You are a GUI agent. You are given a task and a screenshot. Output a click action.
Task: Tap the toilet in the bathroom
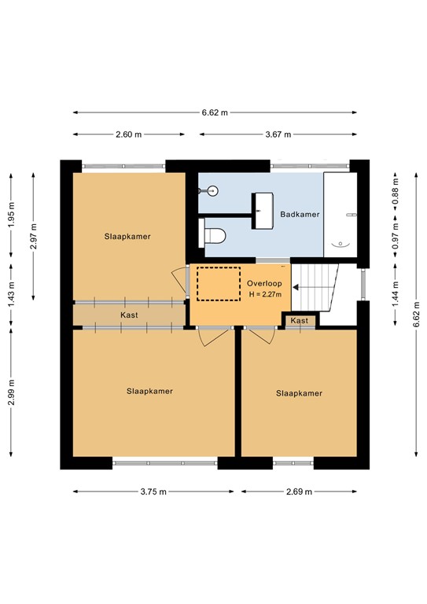click(214, 234)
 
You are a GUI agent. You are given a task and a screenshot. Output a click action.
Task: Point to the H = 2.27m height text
click(263, 295)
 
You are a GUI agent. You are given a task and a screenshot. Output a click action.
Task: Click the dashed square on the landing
click(218, 284)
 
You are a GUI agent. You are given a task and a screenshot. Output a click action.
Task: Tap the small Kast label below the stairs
click(300, 321)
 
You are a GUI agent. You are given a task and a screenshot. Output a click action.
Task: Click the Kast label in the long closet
click(130, 315)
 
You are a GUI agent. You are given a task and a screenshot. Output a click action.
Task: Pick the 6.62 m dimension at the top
click(213, 112)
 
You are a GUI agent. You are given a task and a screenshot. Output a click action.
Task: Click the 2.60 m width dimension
click(128, 134)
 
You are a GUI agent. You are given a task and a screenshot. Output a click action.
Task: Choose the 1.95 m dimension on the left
click(11, 214)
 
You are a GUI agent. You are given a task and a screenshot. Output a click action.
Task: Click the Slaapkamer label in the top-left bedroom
click(127, 236)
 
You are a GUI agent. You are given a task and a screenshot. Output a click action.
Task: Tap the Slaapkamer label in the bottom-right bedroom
click(299, 393)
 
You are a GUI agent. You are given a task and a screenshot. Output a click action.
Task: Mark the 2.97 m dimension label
click(33, 236)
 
